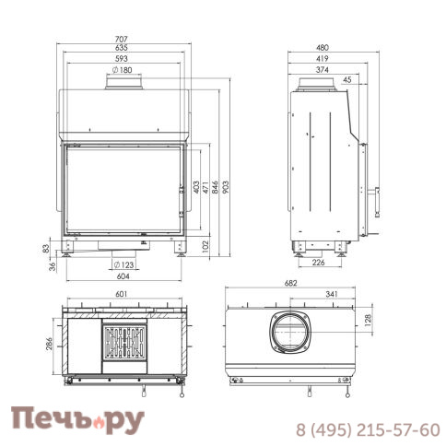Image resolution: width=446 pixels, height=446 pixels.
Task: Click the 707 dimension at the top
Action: pyautogui.click(x=121, y=40)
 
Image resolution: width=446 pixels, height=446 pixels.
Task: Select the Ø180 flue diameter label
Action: pyautogui.click(x=122, y=70)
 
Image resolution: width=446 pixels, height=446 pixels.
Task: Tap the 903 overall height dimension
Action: pyautogui.click(x=226, y=187)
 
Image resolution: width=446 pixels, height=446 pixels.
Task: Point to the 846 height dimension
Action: pyautogui.click(x=215, y=187)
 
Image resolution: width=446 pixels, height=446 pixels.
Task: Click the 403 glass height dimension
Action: pyautogui.click(x=196, y=187)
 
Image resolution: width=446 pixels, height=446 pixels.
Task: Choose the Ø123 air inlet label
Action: pyautogui.click(x=123, y=264)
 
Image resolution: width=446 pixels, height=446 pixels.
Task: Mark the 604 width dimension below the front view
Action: pyautogui.click(x=123, y=276)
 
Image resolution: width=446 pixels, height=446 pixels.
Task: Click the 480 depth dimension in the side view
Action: pyautogui.click(x=323, y=48)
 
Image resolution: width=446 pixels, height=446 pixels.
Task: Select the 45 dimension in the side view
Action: pyautogui.click(x=346, y=80)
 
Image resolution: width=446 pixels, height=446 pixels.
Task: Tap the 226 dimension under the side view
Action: pyautogui.click(x=318, y=263)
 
